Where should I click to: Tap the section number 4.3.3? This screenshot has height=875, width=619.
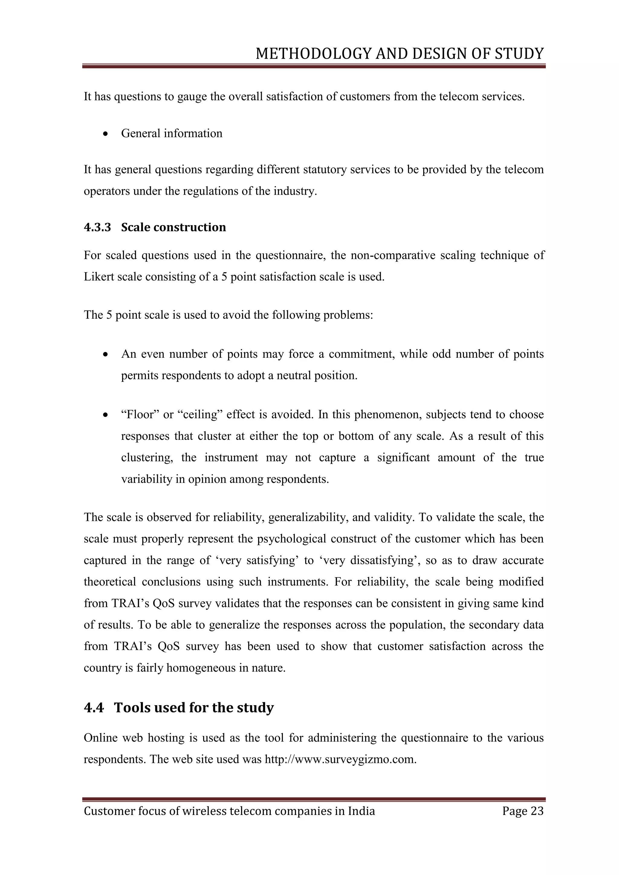[97, 227]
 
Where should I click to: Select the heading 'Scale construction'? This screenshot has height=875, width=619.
[173, 227]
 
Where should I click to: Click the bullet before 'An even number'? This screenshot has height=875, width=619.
[105, 355]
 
